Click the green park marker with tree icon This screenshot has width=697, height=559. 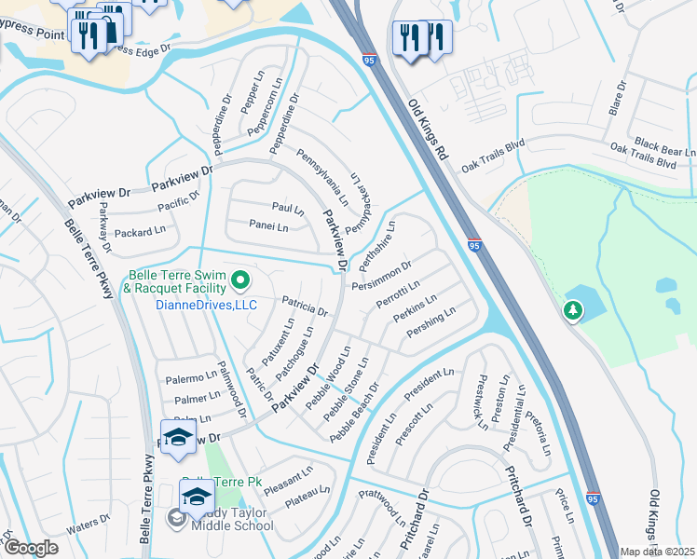573,310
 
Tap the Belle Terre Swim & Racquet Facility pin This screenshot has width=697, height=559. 240,279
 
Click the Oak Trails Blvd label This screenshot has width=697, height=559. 642,156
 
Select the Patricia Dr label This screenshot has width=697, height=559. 305,307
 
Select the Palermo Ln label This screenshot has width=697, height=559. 191,378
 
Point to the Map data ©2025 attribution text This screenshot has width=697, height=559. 658,552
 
